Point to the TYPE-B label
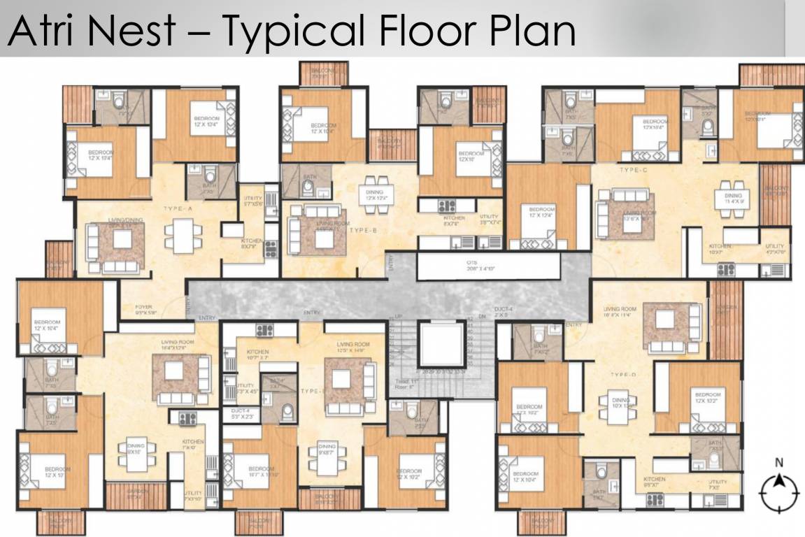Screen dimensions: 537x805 (x=364, y=230)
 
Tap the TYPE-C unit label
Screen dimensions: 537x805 (x=634, y=170)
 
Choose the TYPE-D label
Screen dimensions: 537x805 (x=622, y=375)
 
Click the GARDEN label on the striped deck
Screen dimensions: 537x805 (x=137, y=492)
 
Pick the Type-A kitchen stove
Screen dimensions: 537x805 (x=271, y=246)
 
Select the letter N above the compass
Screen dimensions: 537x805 (x=778, y=462)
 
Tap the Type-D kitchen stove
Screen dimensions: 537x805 (x=655, y=498)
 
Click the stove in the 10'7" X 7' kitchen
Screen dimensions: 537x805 (x=264, y=330)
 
